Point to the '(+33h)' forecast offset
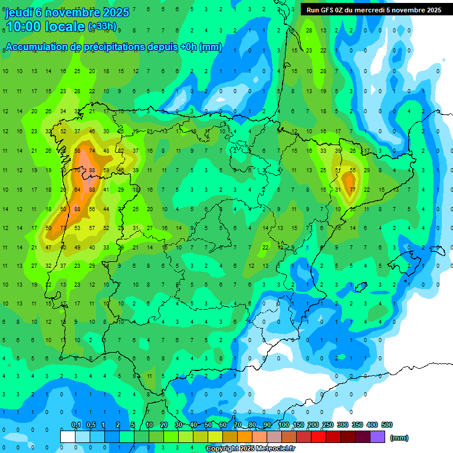click(x=102, y=27)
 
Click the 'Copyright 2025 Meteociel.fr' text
click(x=251, y=449)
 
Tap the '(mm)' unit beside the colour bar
click(x=399, y=438)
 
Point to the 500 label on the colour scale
click(x=387, y=425)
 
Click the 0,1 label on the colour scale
click(x=76, y=425)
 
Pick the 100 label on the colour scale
click(x=284, y=425)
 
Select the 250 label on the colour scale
click(x=328, y=425)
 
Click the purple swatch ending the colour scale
click(x=377, y=436)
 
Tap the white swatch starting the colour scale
click(x=68, y=436)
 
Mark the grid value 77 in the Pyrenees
click(x=352, y=189)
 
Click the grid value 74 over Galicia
click(x=92, y=151)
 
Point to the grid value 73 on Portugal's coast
click(x=63, y=228)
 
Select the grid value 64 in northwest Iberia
click(x=77, y=189)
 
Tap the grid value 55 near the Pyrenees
click(x=352, y=170)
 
